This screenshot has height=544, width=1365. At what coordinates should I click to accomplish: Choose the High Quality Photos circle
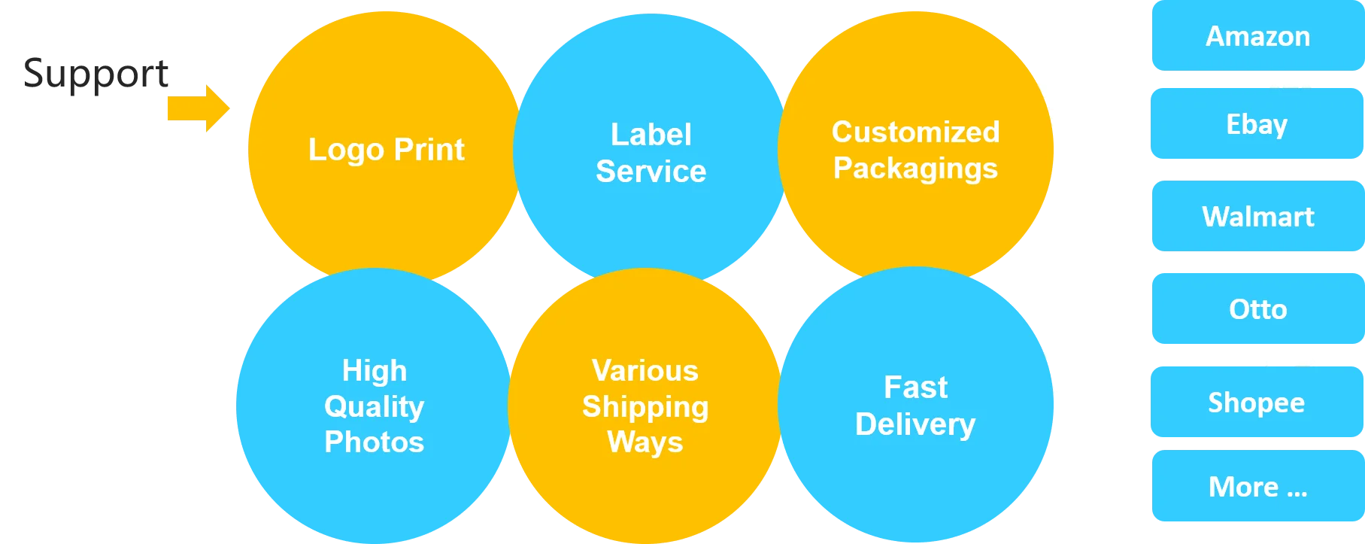tap(373, 482)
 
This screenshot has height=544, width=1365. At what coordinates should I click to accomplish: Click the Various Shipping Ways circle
tap(645, 489)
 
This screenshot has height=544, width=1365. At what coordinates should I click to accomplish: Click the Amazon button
tap(1257, 36)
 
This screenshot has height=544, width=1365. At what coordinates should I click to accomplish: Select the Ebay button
tap(1257, 124)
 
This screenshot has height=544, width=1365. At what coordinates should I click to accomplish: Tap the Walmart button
tap(1257, 217)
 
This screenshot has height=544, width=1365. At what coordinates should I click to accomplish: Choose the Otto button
tap(1257, 309)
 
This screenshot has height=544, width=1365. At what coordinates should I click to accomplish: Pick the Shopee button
tap(1257, 403)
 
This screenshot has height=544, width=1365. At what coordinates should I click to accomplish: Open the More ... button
tap(1257, 487)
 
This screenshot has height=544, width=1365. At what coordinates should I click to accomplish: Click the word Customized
tap(915, 132)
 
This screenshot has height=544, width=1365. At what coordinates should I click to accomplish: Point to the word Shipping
tap(645, 407)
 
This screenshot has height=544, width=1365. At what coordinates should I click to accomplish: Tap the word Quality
tap(374, 407)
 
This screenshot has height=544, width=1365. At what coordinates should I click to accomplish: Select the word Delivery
tap(915, 424)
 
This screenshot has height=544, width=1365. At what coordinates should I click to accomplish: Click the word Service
tap(651, 172)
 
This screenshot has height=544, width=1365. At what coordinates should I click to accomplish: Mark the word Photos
tap(374, 442)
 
